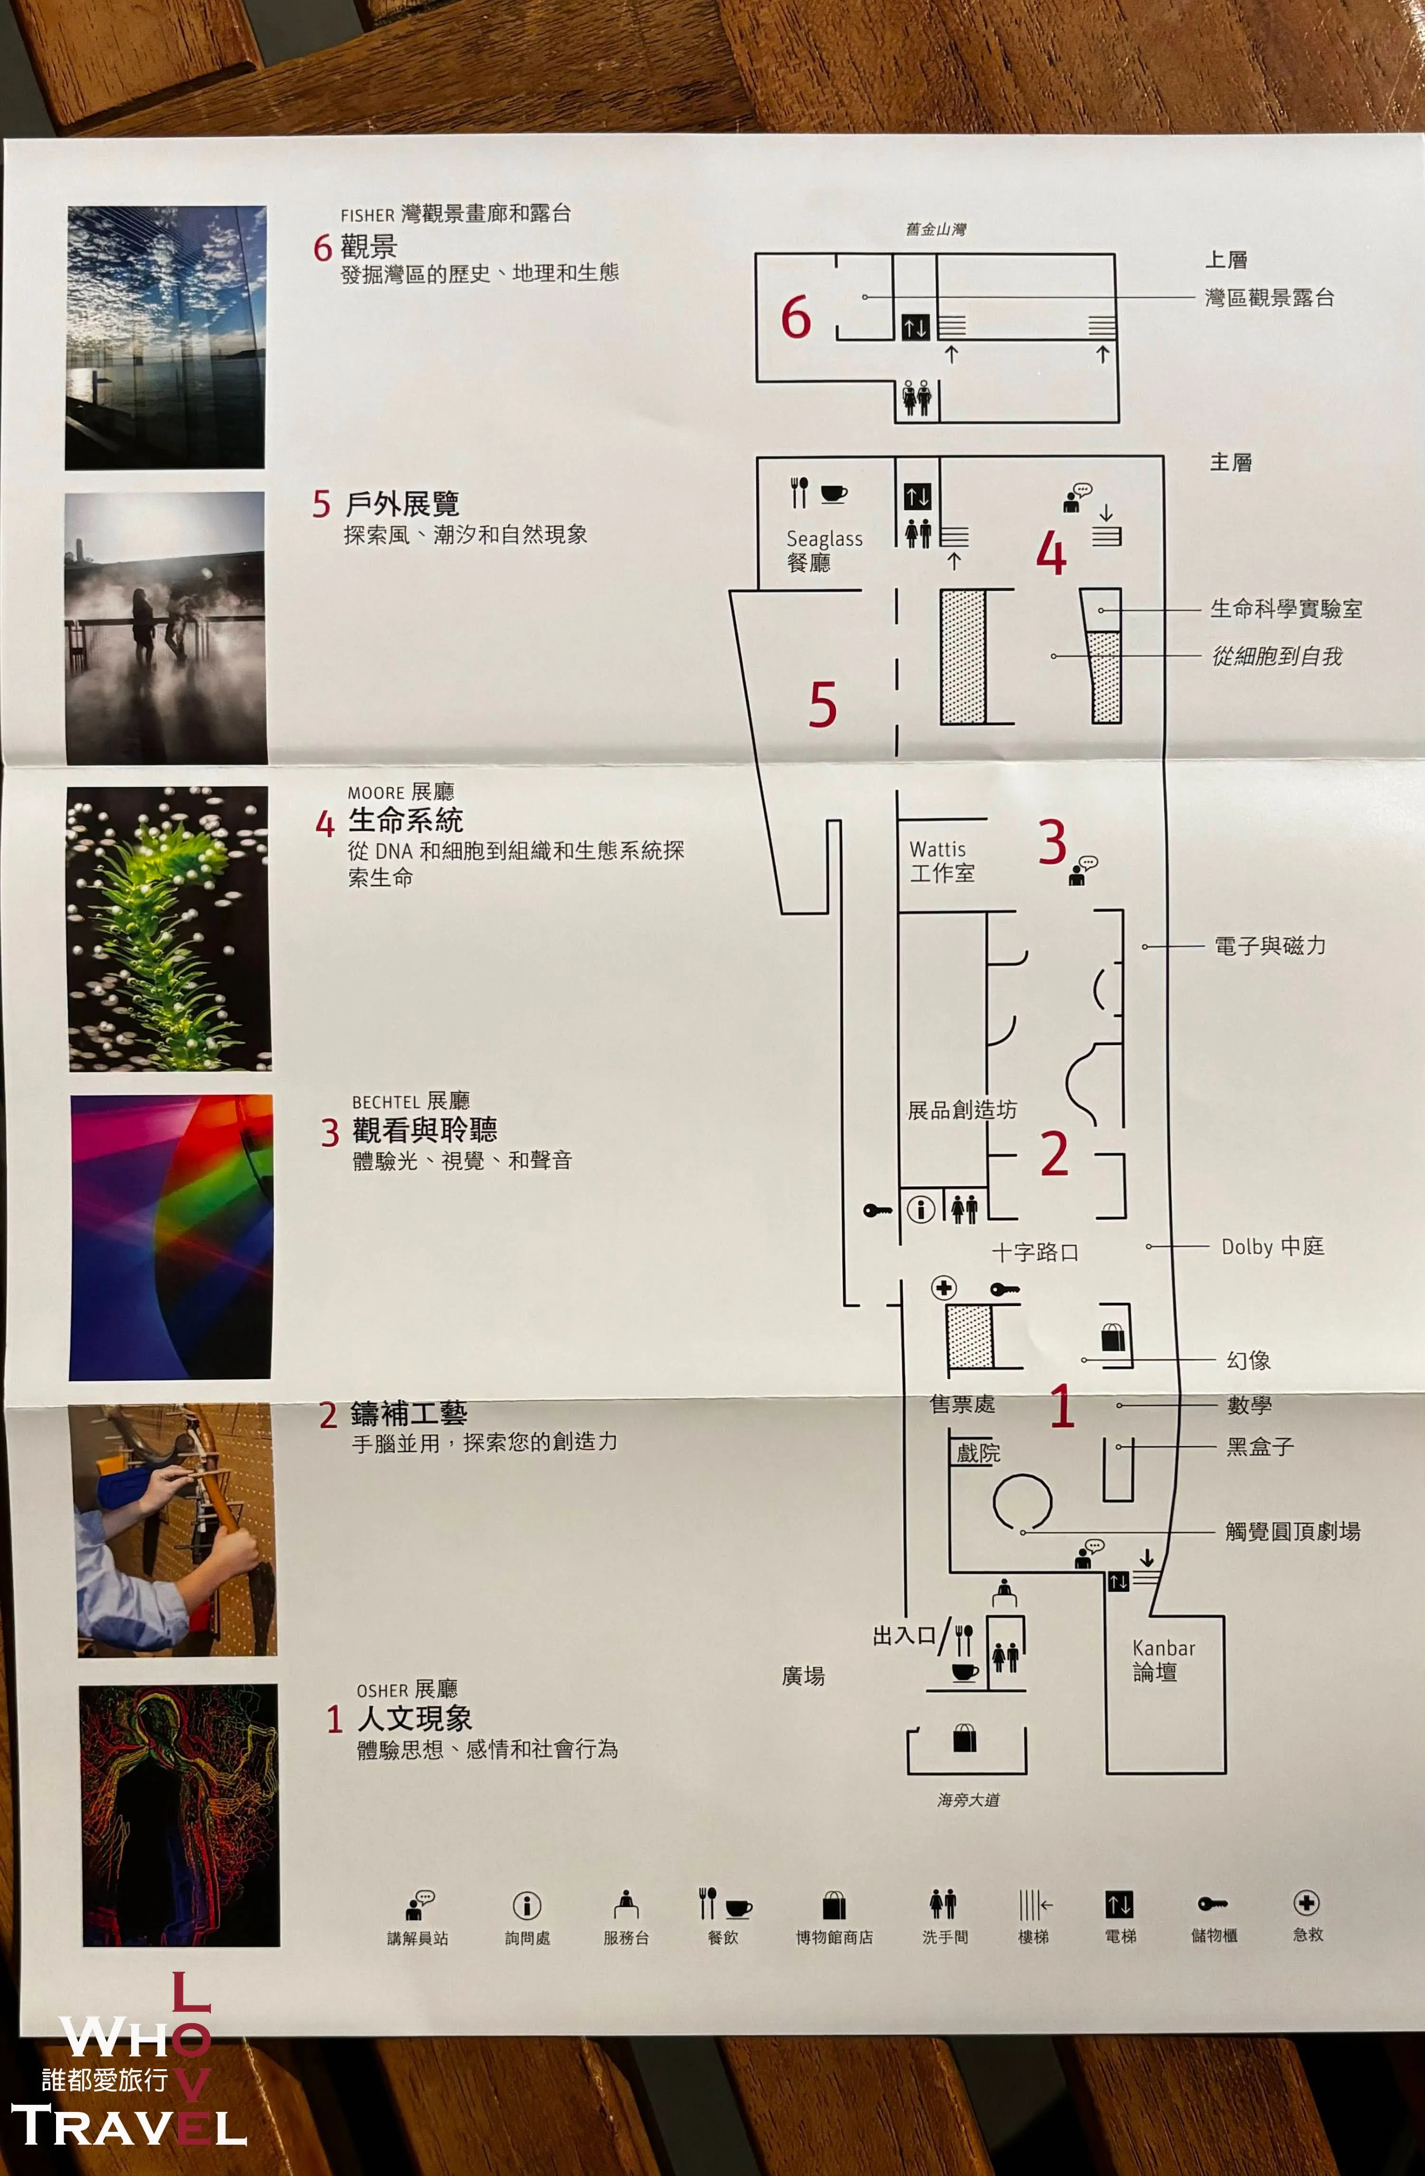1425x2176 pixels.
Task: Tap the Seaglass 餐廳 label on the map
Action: [x=824, y=550]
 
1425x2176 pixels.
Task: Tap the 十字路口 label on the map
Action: [x=1035, y=1252]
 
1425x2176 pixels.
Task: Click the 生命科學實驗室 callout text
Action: [x=1286, y=608]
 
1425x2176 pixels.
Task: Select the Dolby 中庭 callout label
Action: [x=1272, y=1246]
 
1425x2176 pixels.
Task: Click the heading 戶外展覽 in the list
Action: [x=402, y=504]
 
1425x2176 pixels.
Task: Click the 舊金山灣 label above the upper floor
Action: [x=936, y=229]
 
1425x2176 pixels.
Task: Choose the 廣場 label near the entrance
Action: [x=803, y=1675]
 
